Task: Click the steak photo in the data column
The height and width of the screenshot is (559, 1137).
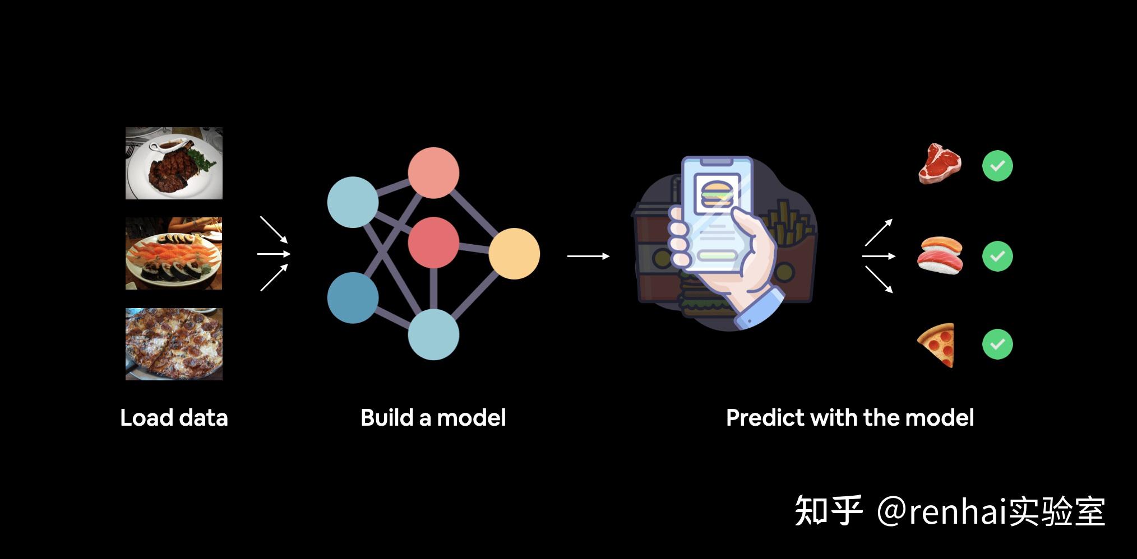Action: click(174, 163)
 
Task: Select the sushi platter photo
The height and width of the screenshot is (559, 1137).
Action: click(174, 253)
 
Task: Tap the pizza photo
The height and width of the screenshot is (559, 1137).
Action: click(174, 344)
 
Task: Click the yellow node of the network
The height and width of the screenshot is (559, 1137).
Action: click(514, 254)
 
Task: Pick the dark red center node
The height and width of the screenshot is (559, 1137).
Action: click(433, 243)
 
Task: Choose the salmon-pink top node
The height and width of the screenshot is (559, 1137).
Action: click(433, 173)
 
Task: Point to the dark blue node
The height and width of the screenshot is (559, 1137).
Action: click(353, 297)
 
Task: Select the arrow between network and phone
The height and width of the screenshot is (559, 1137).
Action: click(588, 256)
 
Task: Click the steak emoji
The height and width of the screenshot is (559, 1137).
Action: click(940, 164)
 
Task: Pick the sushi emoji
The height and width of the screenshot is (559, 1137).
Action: click(940, 255)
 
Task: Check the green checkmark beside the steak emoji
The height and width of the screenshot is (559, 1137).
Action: click(997, 166)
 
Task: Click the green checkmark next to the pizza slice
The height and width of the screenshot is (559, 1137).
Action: click(997, 344)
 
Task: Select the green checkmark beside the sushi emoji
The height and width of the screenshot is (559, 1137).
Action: click(997, 256)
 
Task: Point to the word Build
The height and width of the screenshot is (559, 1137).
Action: click(387, 418)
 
